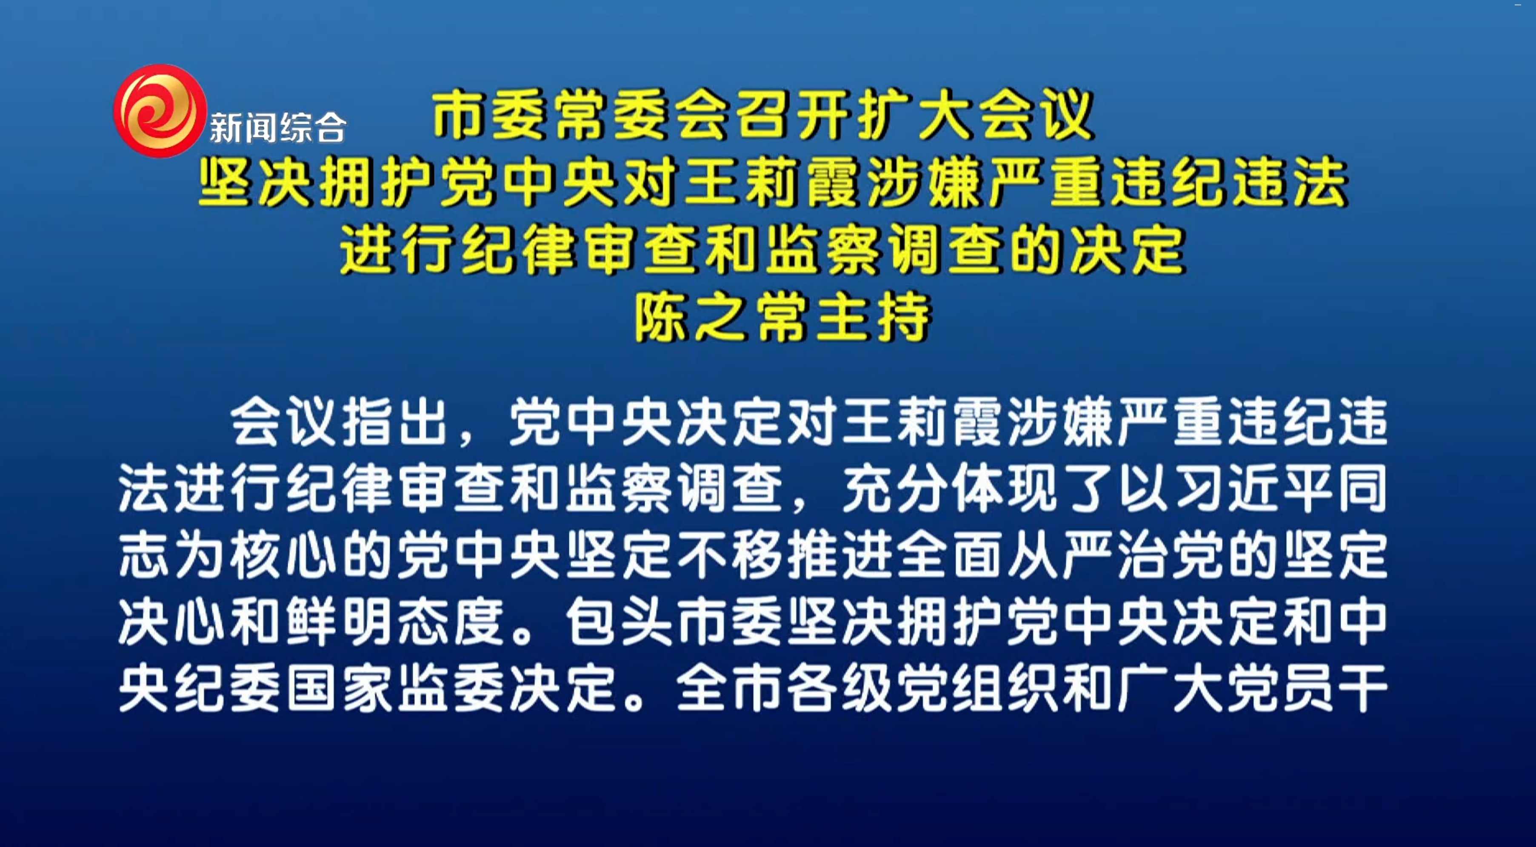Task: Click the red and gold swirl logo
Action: point(160,111)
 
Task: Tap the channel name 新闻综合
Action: point(278,128)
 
